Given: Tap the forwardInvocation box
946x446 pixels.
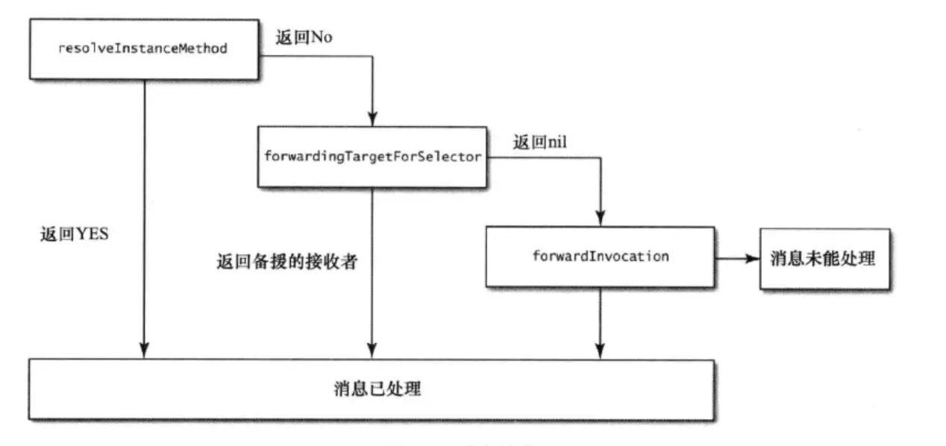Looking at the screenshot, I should tap(600, 257).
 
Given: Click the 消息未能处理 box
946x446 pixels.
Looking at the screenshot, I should tap(824, 259).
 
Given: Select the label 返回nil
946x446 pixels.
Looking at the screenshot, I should tap(539, 142).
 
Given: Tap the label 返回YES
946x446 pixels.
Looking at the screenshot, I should tap(74, 233).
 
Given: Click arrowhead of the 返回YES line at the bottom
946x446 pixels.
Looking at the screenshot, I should tap(144, 350).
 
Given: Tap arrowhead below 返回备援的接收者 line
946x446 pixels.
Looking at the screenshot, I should tap(371, 350).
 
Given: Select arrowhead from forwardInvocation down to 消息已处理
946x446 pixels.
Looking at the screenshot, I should tap(600, 350).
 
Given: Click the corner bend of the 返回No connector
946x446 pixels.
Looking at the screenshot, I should tap(371, 54).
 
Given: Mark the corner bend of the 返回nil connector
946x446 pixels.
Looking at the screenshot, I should tap(600, 157).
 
